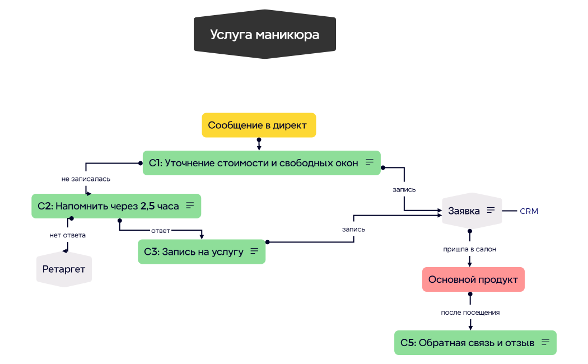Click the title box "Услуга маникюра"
click(264, 35)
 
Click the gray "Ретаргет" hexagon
click(64, 269)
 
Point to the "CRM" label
click(529, 211)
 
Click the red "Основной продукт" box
click(473, 279)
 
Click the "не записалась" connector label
click(86, 179)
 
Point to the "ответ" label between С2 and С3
click(160, 230)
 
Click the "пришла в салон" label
click(469, 249)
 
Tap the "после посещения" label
click(469, 312)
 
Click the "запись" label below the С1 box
click(404, 189)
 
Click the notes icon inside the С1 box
click(369, 162)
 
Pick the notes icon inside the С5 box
click(545, 342)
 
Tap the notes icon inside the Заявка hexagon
click(491, 211)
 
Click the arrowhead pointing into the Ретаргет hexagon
click(66, 250)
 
